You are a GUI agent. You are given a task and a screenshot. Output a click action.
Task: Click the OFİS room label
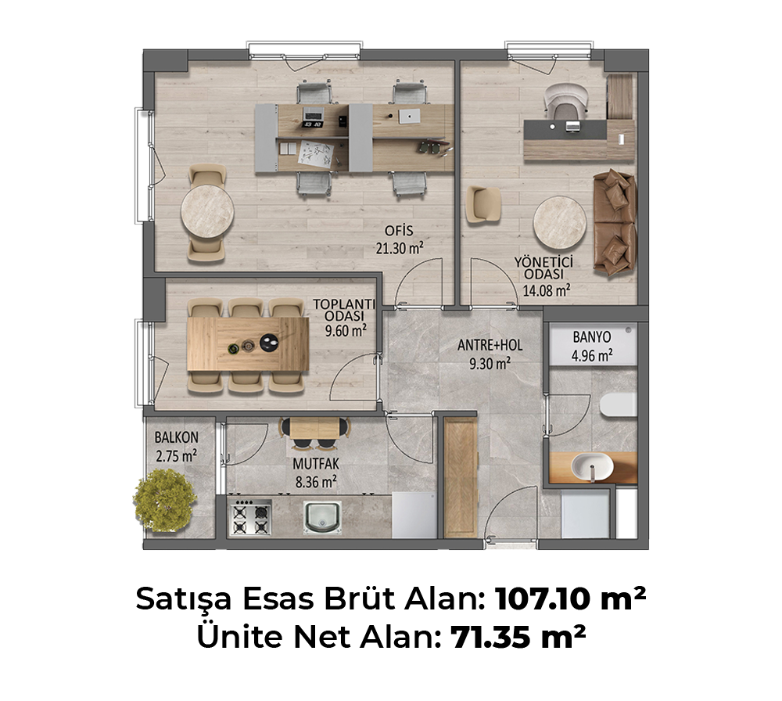399,231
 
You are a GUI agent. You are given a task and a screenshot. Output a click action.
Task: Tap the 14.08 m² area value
547,290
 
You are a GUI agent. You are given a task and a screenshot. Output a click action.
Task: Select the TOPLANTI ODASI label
343,310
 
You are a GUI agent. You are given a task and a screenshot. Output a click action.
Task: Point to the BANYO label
591,337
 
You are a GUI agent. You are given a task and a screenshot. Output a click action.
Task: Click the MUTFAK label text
316,464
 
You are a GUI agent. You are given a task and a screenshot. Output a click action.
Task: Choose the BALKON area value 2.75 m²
176,455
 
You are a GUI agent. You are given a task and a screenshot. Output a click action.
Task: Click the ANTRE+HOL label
490,345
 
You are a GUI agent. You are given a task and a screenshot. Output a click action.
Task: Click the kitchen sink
322,517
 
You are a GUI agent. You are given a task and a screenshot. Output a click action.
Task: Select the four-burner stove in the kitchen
250,518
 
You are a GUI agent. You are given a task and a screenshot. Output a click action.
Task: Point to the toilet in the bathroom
618,404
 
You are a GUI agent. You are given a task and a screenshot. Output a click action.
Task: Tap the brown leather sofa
615,222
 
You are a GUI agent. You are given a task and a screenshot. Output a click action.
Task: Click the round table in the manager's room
560,222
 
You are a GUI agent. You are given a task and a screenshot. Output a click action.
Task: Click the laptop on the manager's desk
572,126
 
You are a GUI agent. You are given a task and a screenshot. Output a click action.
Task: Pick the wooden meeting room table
248,344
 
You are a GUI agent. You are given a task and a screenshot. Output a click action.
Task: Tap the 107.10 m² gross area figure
571,599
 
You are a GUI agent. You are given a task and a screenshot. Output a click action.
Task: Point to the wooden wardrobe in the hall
461,477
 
